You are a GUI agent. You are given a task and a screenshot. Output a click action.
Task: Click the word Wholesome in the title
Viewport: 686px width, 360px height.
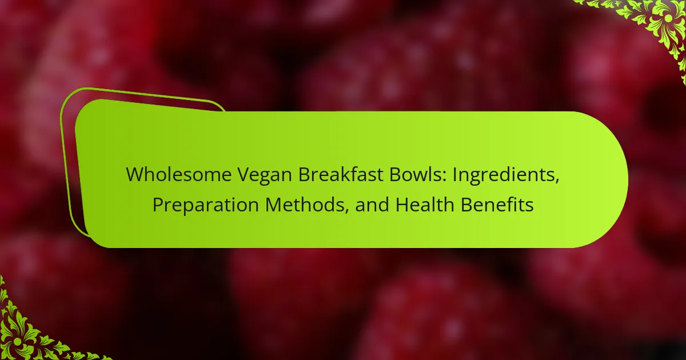[x=178, y=175]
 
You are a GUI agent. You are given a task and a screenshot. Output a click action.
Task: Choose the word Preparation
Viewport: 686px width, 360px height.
[x=205, y=205]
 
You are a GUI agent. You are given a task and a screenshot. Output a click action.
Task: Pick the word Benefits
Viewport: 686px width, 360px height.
[x=497, y=205]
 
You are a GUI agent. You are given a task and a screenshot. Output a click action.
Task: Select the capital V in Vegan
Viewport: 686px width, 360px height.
[x=245, y=175]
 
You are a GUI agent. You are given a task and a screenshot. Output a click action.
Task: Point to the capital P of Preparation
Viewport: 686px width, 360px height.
[x=158, y=205]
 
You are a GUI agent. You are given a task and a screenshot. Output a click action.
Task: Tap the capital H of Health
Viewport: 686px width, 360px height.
[x=402, y=205]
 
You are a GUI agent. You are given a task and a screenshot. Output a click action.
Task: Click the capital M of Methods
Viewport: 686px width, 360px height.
[x=273, y=205]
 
